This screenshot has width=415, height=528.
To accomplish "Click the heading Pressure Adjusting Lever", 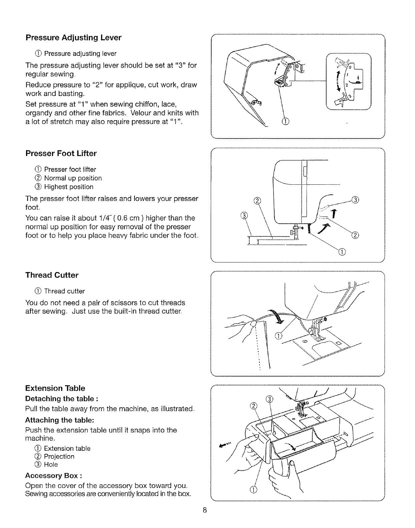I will (73, 38).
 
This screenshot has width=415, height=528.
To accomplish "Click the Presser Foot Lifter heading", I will (61, 154).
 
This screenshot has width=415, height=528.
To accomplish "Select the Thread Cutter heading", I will (52, 275).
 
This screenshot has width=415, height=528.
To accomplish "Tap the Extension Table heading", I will (55, 388).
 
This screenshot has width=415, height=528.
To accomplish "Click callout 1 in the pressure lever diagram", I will (287, 121).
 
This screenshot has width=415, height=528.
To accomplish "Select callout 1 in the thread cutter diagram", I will (278, 336).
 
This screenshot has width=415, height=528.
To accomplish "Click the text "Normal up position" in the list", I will (73, 178).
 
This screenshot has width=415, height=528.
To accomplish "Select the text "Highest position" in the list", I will (69, 187).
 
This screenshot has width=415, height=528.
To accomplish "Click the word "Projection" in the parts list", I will (59, 457).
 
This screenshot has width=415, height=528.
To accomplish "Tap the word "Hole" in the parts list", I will (51, 465).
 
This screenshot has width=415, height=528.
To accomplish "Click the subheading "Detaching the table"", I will (61, 399).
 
